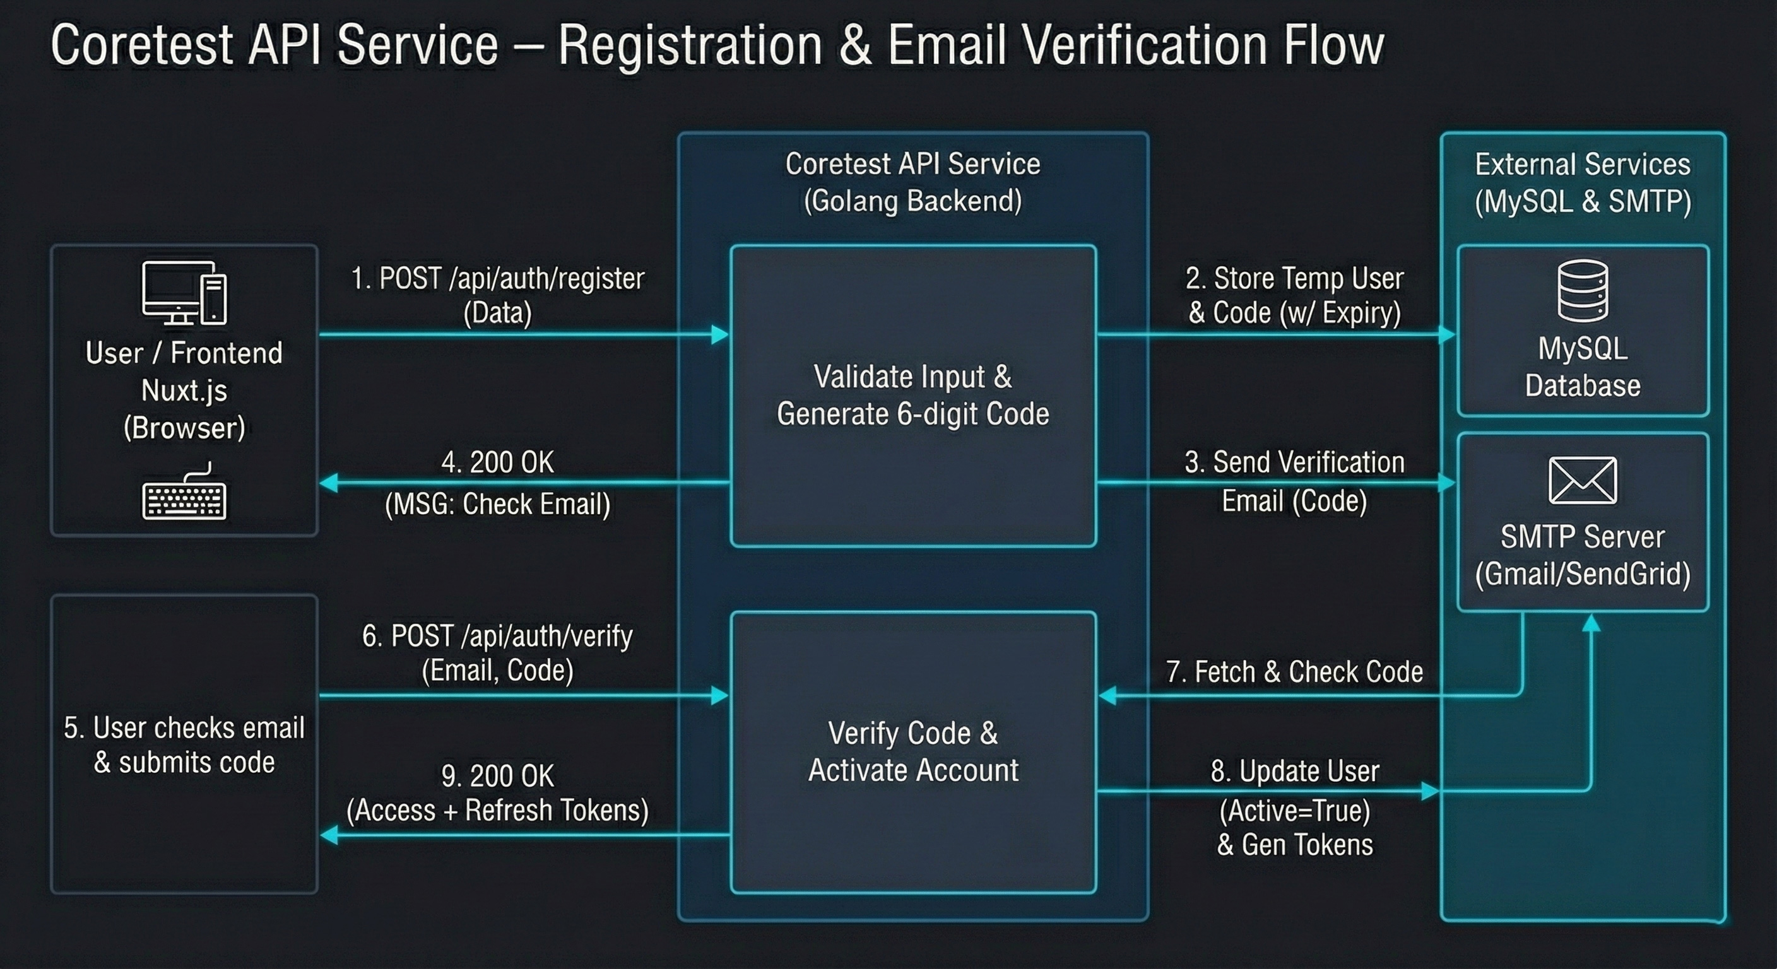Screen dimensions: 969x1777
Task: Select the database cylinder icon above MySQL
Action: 1583,290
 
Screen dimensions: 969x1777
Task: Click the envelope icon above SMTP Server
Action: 1583,480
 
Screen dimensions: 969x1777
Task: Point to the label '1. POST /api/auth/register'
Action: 497,279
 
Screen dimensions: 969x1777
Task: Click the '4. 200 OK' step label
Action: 497,462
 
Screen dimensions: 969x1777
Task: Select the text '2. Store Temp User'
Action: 1294,279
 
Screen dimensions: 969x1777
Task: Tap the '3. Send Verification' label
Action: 1294,462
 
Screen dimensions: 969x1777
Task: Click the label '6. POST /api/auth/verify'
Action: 497,636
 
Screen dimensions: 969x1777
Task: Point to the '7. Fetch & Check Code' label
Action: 1294,672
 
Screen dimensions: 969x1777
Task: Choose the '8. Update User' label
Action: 1295,771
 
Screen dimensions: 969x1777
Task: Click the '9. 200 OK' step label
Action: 497,776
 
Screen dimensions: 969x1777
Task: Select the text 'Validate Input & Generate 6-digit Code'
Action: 912,395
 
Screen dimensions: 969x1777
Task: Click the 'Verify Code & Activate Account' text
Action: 912,752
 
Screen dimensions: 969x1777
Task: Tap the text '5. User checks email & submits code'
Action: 184,745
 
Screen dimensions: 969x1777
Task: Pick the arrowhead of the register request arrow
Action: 720,335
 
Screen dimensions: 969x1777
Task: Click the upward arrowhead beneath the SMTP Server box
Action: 1591,623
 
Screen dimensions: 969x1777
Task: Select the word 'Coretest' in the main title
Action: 141,45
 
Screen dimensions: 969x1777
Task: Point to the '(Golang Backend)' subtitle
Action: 912,201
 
